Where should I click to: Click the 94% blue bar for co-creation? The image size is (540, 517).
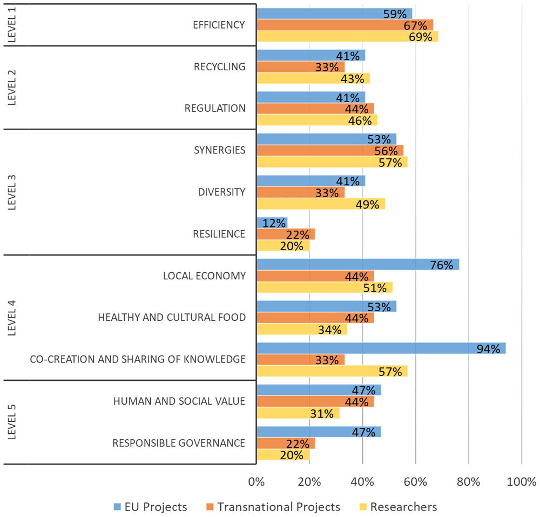tap(381, 348)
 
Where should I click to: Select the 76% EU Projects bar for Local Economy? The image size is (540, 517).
tap(358, 265)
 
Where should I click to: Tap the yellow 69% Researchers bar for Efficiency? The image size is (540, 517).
tap(347, 37)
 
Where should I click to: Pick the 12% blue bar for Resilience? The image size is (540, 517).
tap(272, 223)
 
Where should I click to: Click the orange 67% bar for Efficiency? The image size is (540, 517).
tap(345, 25)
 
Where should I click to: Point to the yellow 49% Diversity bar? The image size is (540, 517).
tap(321, 204)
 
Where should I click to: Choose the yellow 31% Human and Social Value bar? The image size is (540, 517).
tap(298, 413)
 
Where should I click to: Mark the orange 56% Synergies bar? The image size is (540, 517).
tap(330, 151)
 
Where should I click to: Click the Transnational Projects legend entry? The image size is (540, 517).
tap(273, 507)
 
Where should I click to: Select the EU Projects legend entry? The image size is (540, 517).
tap(151, 507)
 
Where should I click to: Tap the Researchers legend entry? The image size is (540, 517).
tap(398, 507)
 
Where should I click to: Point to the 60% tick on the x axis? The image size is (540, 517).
tap(415, 482)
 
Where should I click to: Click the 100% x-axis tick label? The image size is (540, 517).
tap(522, 482)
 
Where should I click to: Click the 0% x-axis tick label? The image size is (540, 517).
tap(256, 482)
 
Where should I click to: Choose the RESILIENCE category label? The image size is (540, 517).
tap(219, 234)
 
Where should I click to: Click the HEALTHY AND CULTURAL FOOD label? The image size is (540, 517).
tap(172, 318)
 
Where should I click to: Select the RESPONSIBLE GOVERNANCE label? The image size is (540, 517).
tap(179, 443)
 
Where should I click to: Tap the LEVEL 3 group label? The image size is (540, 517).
tap(12, 192)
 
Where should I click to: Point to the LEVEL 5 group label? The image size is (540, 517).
tap(12, 422)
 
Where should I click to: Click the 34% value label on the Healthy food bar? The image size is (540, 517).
tap(329, 330)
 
